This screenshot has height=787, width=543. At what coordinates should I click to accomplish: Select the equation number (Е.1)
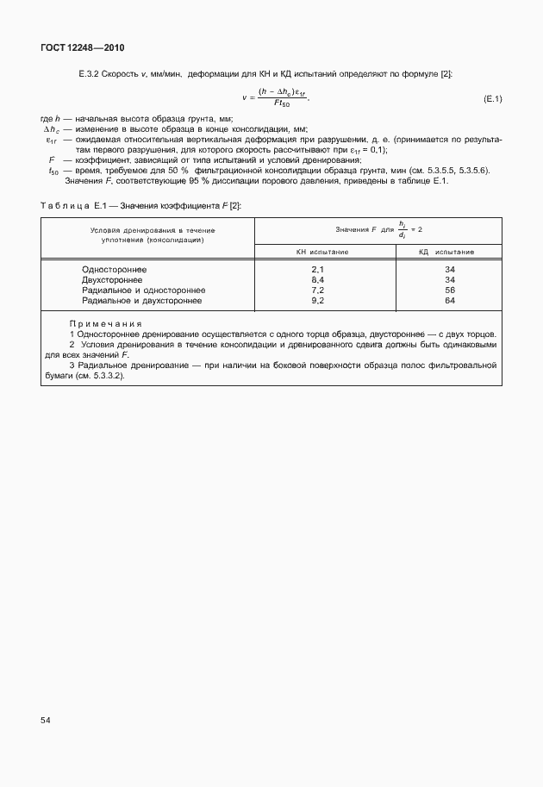coord(493,100)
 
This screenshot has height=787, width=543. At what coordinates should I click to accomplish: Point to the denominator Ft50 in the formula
coord(282,104)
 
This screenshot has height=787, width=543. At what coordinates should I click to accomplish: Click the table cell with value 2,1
coord(316,270)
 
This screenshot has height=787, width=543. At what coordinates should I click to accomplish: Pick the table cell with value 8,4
coord(316,280)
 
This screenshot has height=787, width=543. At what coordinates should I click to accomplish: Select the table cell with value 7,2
coord(316,290)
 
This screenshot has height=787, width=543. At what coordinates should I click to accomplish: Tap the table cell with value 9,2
coord(316,301)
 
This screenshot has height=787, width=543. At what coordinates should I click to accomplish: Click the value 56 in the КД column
coord(449,290)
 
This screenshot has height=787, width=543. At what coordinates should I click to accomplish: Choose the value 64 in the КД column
coord(449,301)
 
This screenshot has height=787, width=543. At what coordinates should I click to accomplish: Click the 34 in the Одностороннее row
coord(449,270)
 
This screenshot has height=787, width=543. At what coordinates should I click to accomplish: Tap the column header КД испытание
coord(446,252)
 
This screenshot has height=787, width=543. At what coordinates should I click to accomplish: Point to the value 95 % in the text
coord(218,180)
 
